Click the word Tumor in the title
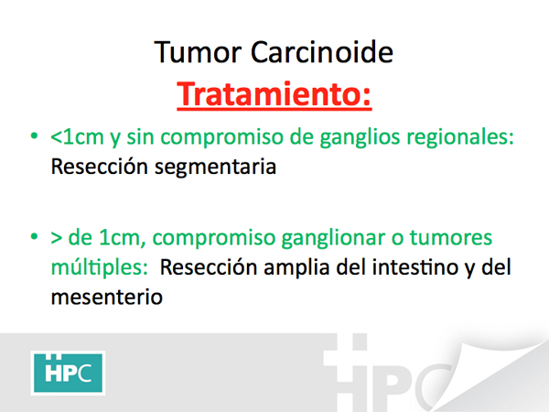198,52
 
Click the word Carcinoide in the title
322,52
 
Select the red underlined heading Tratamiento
274,94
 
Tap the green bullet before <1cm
34,136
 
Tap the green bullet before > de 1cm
34,236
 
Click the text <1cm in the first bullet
77,136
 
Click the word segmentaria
216,168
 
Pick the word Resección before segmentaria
99,166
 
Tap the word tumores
451,237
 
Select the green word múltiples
100,267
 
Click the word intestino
414,267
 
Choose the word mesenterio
107,297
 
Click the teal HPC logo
68,373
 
